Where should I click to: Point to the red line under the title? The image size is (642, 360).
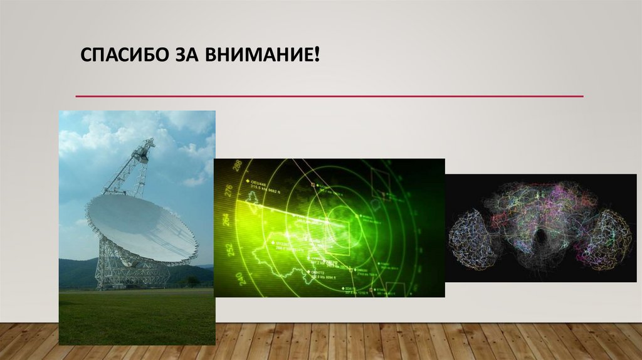(x=329, y=97)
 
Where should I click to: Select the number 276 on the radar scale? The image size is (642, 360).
(x=228, y=191)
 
